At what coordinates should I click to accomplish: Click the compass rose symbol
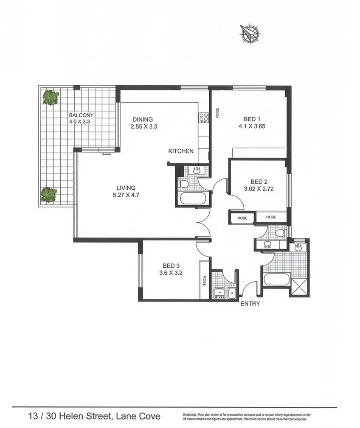250,34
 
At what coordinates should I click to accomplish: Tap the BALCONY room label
81,115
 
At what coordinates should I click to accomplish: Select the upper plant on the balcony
51,97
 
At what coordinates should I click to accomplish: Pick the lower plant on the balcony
49,195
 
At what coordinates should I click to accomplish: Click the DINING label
142,120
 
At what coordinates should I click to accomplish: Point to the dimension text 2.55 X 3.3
144,126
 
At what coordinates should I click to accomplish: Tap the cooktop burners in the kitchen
203,117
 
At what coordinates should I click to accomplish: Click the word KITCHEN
181,151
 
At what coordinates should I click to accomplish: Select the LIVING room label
126,188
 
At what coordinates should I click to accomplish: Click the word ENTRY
250,304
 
